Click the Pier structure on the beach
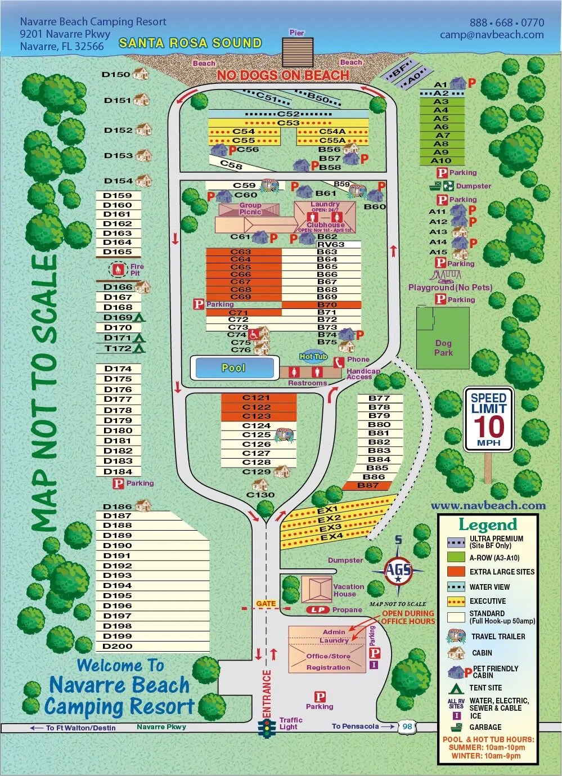pyautogui.click(x=298, y=52)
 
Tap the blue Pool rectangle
pyautogui.click(x=234, y=368)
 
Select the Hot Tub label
pyautogui.click(x=313, y=356)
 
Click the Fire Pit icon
pyautogui.click(x=118, y=270)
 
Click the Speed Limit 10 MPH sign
pyautogui.click(x=488, y=419)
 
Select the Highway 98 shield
pyautogui.click(x=407, y=726)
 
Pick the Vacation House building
pyautogui.click(x=317, y=589)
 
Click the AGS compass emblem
pyautogui.click(x=398, y=569)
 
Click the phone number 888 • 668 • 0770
pyautogui.click(x=507, y=23)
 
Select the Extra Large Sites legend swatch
pyautogui.click(x=456, y=572)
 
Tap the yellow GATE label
pyautogui.click(x=266, y=603)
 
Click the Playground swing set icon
pyautogui.click(x=446, y=276)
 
